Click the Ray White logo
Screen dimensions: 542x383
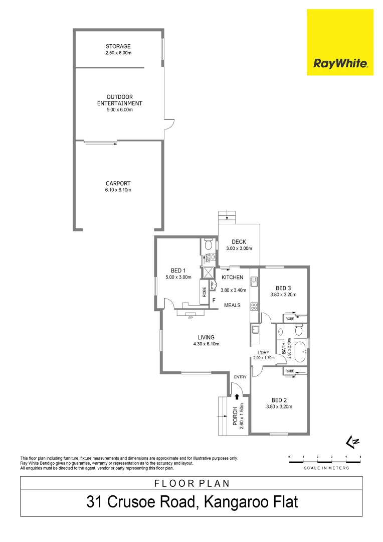[340, 43]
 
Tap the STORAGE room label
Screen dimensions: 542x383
[118, 47]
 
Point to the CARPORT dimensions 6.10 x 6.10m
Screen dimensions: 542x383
[118, 190]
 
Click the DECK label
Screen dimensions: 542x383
[239, 242]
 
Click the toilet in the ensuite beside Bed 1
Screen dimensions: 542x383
[210, 245]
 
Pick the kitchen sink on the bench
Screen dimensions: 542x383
[254, 282]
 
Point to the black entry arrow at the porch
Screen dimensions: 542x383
[237, 396]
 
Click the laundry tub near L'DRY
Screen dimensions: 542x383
[255, 330]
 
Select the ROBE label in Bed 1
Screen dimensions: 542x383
[204, 292]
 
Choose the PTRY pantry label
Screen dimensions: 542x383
[213, 285]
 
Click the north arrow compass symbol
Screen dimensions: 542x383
[353, 441]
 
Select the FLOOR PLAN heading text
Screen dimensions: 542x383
[192, 483]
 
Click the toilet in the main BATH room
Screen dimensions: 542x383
[299, 330]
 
